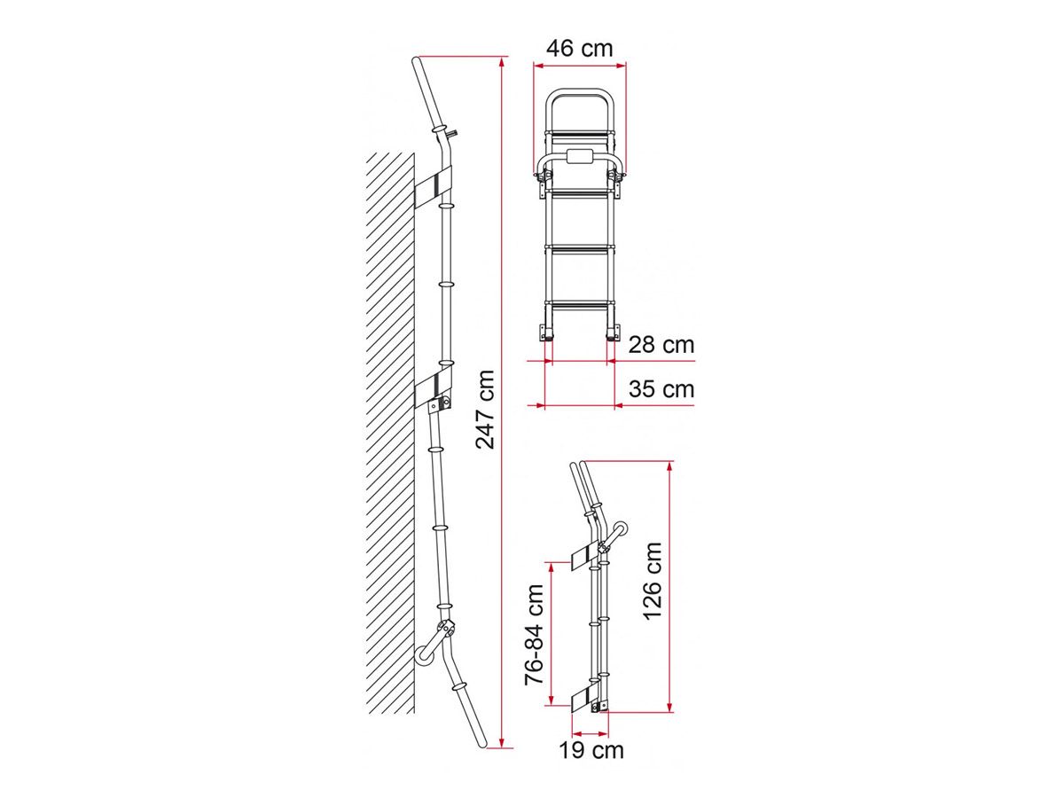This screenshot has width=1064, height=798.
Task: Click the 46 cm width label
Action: (579, 49)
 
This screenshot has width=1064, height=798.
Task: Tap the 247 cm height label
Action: (484, 410)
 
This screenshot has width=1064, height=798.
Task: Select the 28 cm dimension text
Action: (661, 345)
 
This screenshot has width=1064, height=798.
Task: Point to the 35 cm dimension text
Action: (661, 388)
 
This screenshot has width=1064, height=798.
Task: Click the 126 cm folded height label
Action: (652, 581)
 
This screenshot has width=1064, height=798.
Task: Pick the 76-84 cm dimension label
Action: (534, 635)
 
